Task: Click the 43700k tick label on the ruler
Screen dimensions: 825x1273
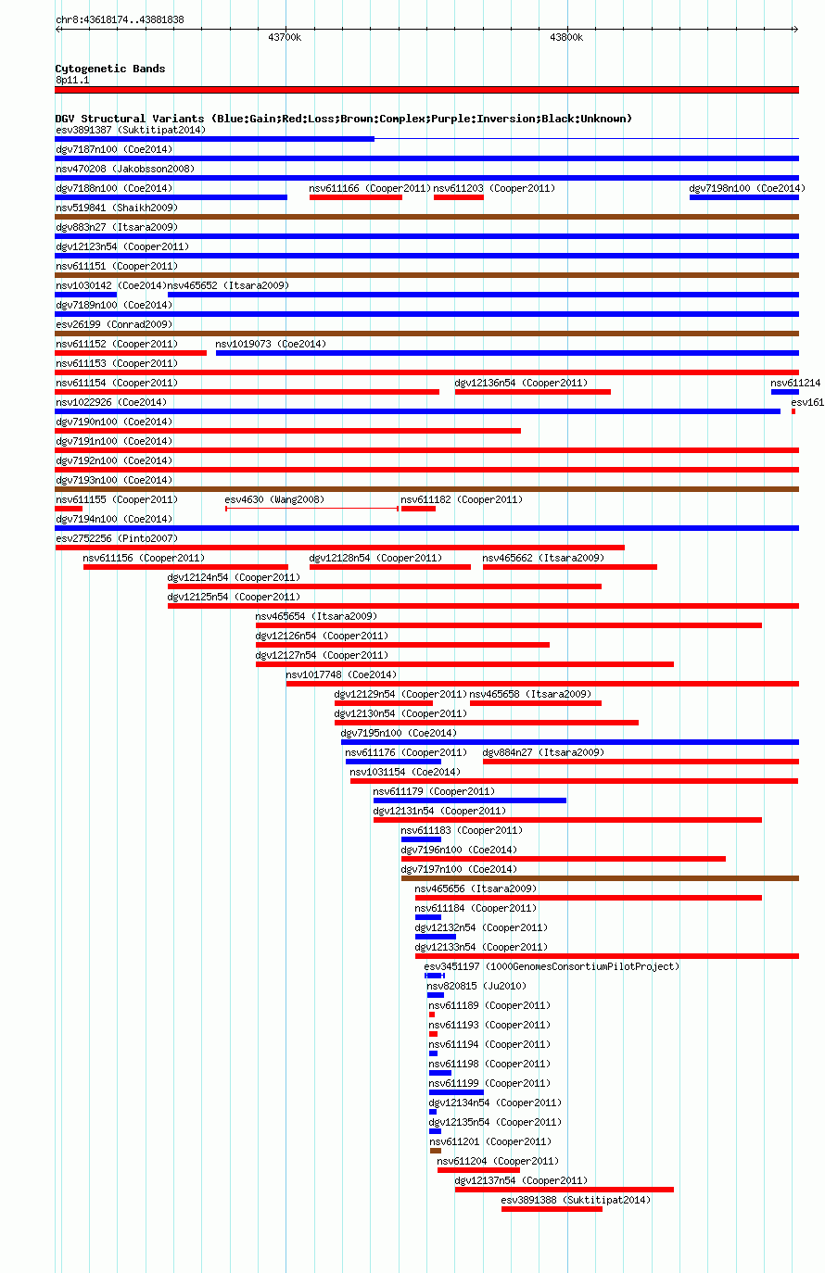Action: tap(285, 37)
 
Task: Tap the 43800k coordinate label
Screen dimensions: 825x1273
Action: tap(566, 37)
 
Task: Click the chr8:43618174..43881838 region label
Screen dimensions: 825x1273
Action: tap(120, 19)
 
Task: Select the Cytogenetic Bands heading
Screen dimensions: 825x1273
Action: tap(110, 69)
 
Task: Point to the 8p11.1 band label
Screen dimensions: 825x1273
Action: tap(72, 80)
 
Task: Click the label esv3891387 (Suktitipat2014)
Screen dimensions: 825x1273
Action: tap(131, 130)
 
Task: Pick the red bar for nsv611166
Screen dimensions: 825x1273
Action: tap(356, 197)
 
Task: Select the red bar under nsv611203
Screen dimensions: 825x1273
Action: tap(459, 197)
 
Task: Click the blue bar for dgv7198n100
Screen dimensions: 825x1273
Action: tap(744, 197)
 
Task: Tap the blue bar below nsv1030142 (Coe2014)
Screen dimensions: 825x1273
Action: tap(86, 295)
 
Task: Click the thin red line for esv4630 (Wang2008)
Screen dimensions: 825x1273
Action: tap(312, 509)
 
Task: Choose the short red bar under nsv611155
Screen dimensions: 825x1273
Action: tap(69, 509)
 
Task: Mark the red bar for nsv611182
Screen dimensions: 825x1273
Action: tap(418, 509)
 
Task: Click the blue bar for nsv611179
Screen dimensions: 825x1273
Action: tap(470, 800)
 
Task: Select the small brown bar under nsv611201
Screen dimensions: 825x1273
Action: tap(436, 1151)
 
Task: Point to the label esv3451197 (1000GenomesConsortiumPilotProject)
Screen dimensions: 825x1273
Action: tap(552, 966)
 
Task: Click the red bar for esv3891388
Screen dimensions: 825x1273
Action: tap(552, 1209)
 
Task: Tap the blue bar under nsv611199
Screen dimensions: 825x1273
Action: tap(457, 1092)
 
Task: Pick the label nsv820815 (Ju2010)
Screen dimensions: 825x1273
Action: tap(476, 986)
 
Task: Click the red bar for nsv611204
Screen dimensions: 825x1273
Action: tap(478, 1170)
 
